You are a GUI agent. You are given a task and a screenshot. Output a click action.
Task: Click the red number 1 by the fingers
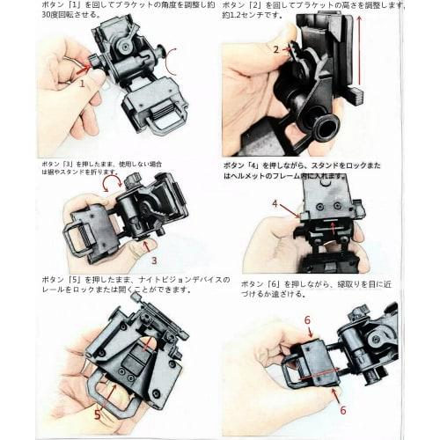(82, 84)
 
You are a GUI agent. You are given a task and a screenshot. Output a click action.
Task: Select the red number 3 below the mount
(154, 260)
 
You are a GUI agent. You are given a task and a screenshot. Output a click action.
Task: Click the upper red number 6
(307, 320)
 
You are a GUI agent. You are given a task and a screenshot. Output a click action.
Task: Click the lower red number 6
(342, 410)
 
